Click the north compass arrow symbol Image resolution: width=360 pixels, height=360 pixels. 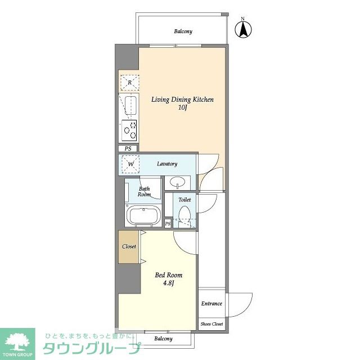[243, 29]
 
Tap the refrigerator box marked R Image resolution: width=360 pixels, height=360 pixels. [130, 83]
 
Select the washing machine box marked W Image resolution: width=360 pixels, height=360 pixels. [130, 164]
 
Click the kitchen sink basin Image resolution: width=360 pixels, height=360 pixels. [130, 106]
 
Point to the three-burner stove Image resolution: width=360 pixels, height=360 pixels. [129, 130]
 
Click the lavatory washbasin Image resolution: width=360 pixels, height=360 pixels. [178, 182]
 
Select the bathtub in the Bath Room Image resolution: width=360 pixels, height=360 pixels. [143, 215]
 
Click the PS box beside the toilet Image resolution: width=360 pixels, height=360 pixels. [168, 223]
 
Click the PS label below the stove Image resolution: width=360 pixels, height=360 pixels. [128, 148]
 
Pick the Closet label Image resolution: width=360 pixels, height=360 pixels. [129, 246]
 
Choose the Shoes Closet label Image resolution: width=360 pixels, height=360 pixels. [211, 324]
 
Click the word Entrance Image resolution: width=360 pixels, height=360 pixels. [211, 304]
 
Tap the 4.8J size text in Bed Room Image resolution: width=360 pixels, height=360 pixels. [169, 283]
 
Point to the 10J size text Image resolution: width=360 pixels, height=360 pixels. [182, 107]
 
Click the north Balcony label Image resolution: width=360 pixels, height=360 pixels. [183, 31]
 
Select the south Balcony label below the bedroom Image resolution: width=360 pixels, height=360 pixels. [163, 339]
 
